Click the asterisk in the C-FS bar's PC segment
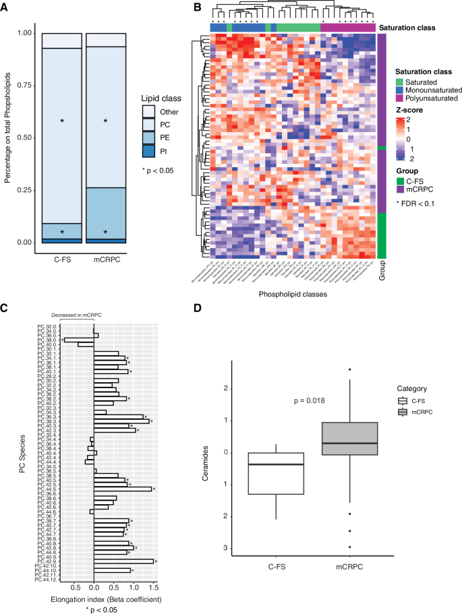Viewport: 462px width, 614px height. tap(62, 121)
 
